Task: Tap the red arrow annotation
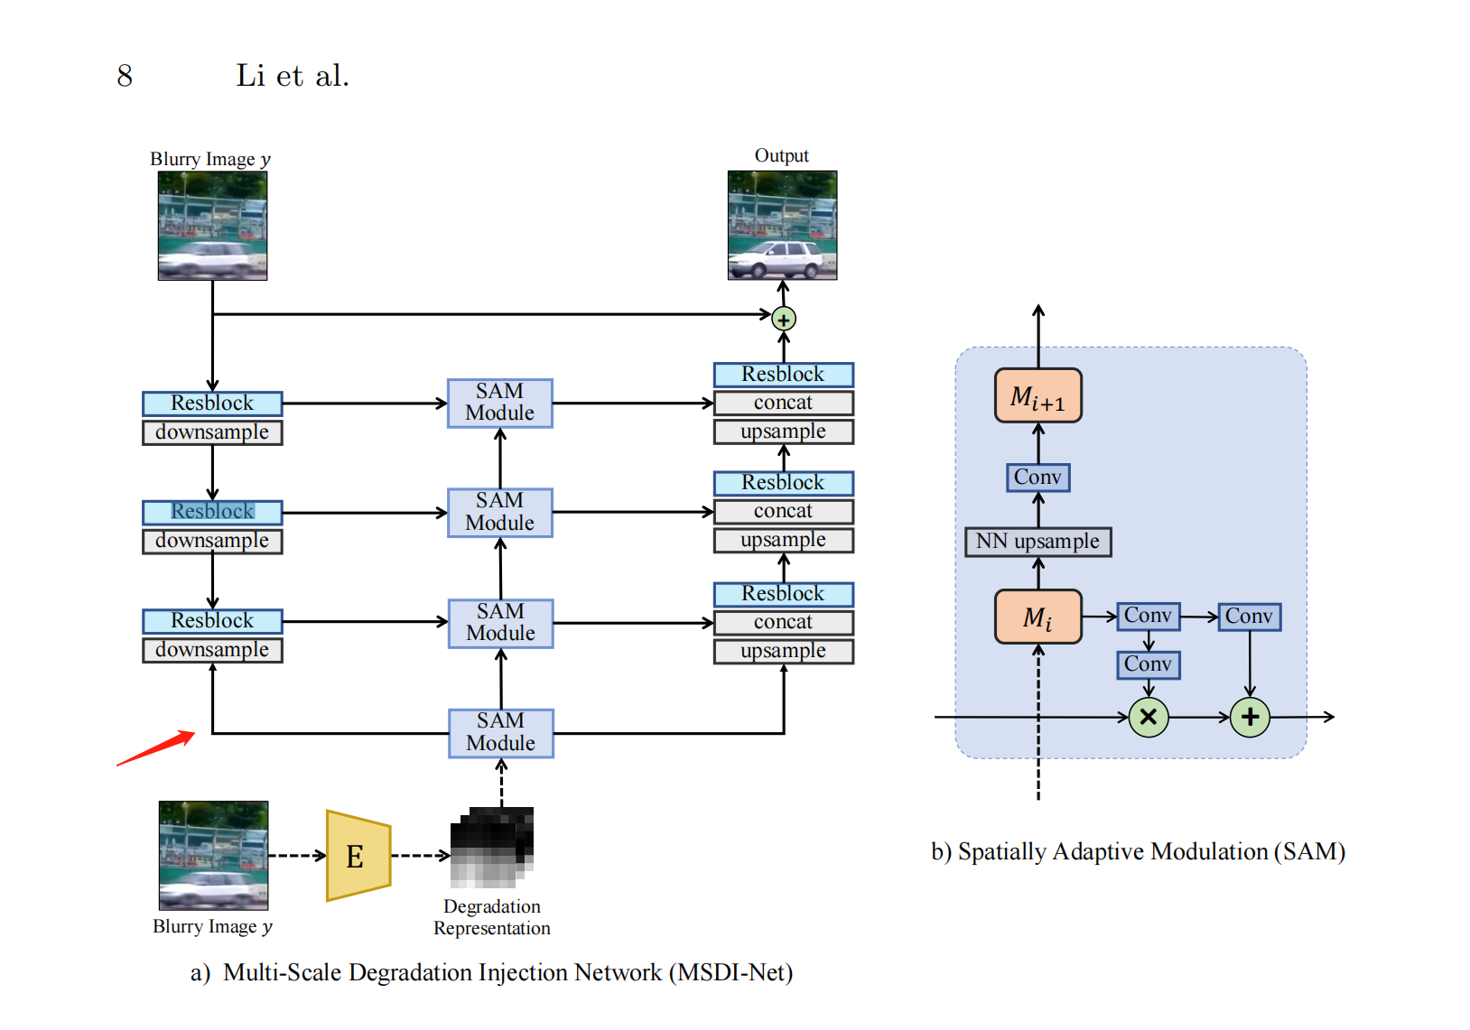[156, 748]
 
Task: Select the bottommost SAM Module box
[501, 732]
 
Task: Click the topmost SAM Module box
[500, 403]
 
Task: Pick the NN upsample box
[1037, 542]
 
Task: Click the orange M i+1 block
[1037, 395]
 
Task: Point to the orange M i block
[1037, 617]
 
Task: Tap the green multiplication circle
[1149, 717]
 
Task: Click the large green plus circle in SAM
[1250, 717]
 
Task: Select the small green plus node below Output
[784, 320]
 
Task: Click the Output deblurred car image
[782, 226]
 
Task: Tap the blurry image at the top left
[212, 226]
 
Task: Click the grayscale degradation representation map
[492, 847]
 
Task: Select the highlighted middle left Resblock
[212, 512]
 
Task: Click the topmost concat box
[783, 403]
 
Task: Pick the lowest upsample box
[783, 651]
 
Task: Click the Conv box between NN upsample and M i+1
[1037, 477]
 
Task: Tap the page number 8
[125, 76]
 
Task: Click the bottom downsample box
[212, 650]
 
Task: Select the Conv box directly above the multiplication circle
[1148, 664]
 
